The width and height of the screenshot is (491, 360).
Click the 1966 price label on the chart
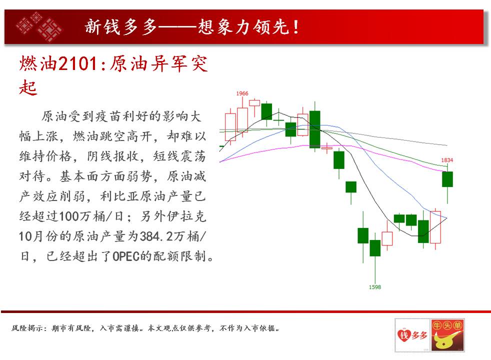(242, 93)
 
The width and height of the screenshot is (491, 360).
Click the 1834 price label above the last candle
(447, 160)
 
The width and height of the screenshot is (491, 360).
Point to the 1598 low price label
(375, 287)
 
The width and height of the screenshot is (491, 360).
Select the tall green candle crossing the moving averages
(314, 129)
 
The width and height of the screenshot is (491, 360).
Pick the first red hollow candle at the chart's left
(230, 127)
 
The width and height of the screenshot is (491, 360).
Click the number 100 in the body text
(68, 216)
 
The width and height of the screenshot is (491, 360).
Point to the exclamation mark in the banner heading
(295, 27)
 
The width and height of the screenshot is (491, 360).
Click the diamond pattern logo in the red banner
(39, 26)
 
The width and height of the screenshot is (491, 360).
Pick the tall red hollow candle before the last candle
(435, 227)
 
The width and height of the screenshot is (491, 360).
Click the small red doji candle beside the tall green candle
(327, 148)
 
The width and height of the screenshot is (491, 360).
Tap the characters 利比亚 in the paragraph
(119, 196)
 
